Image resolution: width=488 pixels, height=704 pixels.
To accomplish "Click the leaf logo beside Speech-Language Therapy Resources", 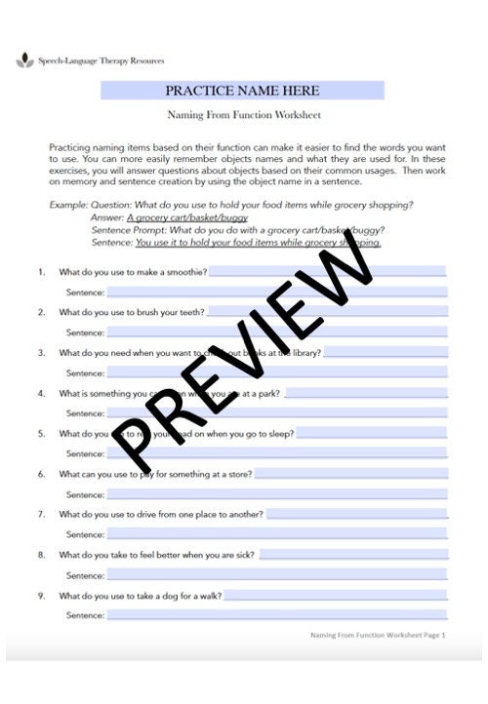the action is (24, 61).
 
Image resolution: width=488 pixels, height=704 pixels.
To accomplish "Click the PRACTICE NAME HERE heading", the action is (242, 91).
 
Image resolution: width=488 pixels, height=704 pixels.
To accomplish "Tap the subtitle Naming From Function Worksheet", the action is (243, 117).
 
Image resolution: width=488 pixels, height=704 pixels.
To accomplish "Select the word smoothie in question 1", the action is (186, 272).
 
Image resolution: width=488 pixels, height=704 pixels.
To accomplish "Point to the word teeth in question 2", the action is (191, 312).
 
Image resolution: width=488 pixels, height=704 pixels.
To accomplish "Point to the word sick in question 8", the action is (244, 555).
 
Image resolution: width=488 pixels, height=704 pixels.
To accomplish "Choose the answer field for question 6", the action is (351, 474).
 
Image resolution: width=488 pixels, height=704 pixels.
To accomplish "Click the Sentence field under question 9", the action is (276, 615).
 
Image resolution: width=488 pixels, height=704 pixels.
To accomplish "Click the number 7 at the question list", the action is (41, 514).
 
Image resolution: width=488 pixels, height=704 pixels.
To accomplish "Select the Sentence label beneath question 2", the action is (85, 332).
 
